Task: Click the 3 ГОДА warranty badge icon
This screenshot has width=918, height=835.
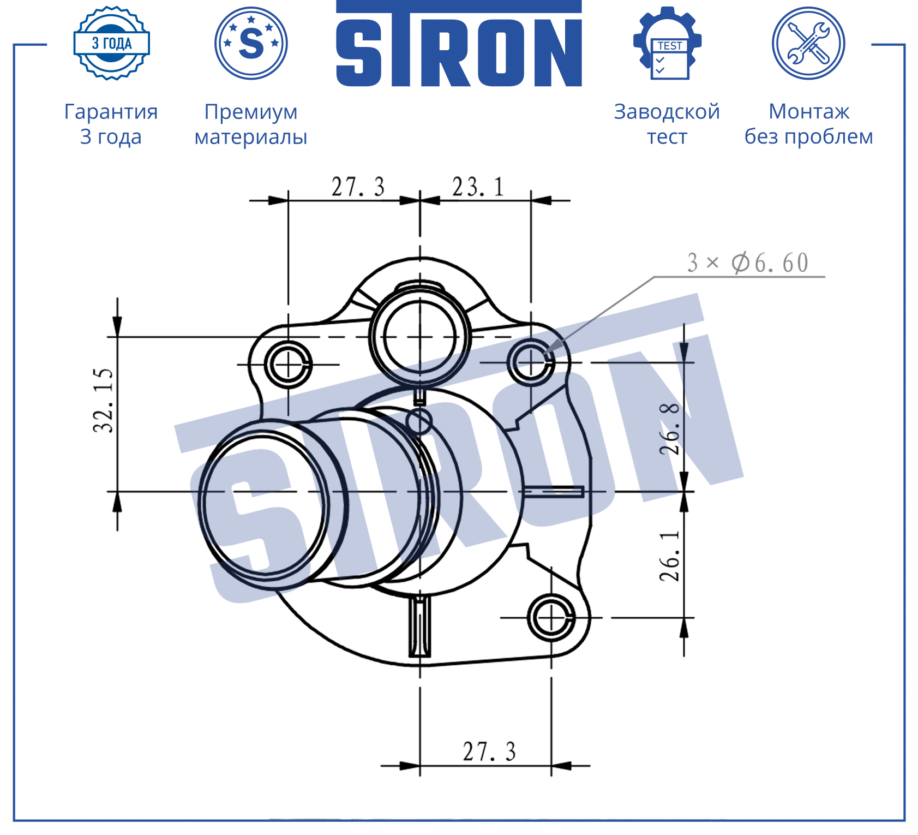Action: [112, 43]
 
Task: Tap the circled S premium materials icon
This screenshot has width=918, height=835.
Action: [251, 43]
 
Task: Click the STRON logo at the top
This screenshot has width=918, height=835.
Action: [459, 44]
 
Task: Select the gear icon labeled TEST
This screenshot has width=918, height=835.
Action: [668, 43]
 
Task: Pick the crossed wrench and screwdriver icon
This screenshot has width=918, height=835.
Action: [808, 43]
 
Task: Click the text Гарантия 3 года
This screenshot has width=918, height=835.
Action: [111, 124]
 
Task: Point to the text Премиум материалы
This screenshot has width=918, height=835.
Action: [251, 124]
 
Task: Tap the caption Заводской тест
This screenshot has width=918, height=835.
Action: [667, 124]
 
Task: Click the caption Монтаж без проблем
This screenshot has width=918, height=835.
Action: [809, 124]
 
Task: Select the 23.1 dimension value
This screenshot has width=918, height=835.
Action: [478, 187]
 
